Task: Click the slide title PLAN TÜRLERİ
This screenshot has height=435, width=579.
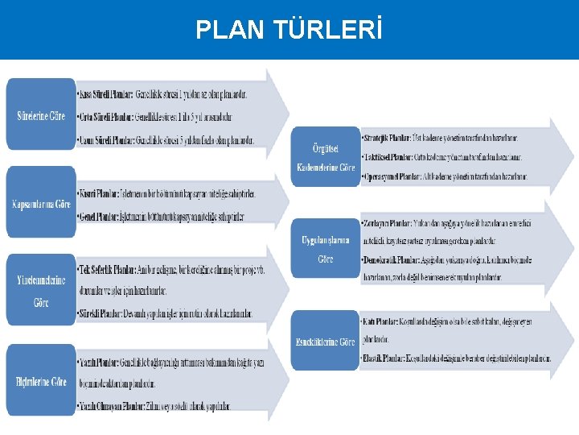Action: click(x=289, y=30)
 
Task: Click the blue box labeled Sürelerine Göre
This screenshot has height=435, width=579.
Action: click(x=41, y=116)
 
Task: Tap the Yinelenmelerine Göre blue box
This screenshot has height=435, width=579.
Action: click(x=41, y=291)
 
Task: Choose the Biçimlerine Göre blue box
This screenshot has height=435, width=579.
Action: click(x=41, y=381)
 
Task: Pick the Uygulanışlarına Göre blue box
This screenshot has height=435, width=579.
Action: click(x=325, y=249)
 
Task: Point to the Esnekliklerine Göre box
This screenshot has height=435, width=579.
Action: click(x=325, y=342)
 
